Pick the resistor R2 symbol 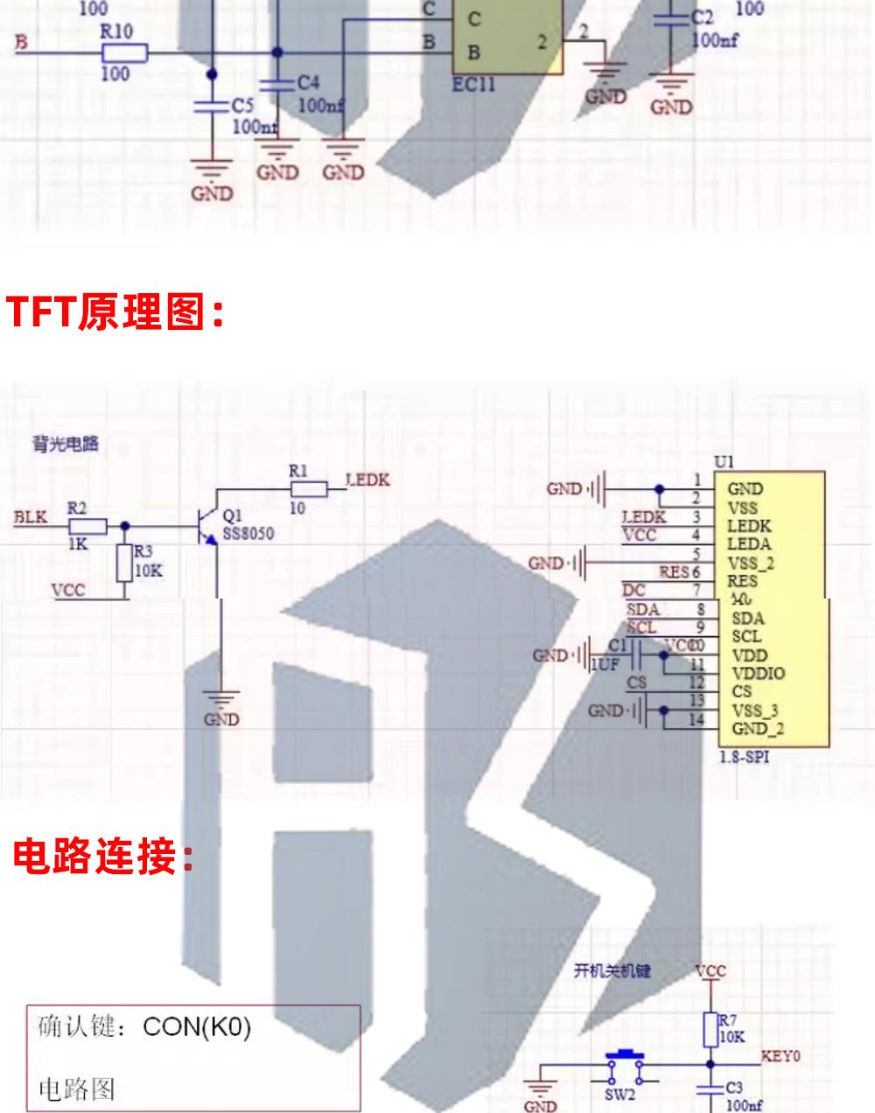(x=87, y=526)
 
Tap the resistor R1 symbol (x=308, y=489)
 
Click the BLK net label (x=30, y=517)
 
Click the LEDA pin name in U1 (x=749, y=544)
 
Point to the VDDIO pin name (x=758, y=674)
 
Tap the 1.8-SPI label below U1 (x=744, y=757)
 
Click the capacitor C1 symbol (x=636, y=654)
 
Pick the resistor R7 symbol (x=710, y=1030)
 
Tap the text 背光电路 (x=60, y=444)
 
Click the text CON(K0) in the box (x=196, y=1026)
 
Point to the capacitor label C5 (x=242, y=106)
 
